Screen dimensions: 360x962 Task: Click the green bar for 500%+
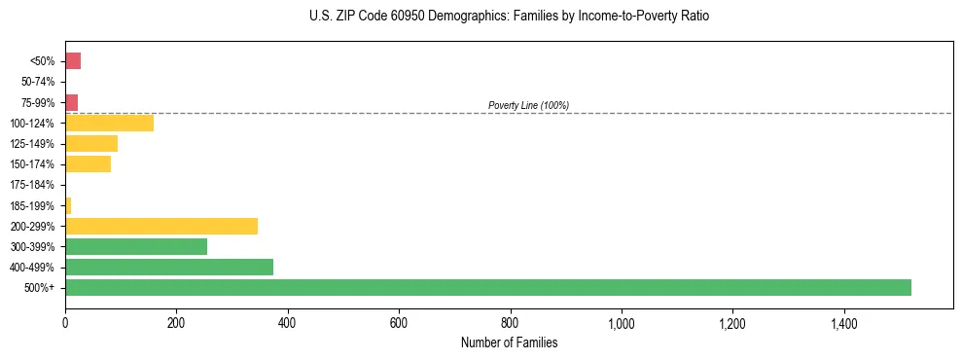pos(487,287)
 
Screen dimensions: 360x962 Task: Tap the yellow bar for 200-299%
pos(160,226)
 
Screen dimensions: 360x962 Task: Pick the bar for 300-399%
pos(135,246)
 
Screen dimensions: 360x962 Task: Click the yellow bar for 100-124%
pos(109,123)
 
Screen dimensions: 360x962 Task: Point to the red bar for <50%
pos(73,61)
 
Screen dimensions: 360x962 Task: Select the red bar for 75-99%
pos(71,102)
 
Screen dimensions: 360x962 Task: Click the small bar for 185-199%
pos(68,205)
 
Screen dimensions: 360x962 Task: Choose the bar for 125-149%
pos(90,143)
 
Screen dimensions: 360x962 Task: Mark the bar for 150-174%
pos(88,163)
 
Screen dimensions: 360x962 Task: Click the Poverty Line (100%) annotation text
pos(528,105)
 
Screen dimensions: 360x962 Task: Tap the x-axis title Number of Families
pos(509,342)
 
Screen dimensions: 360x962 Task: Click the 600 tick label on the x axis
pos(398,324)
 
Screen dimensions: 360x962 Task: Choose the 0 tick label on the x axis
pos(65,324)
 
